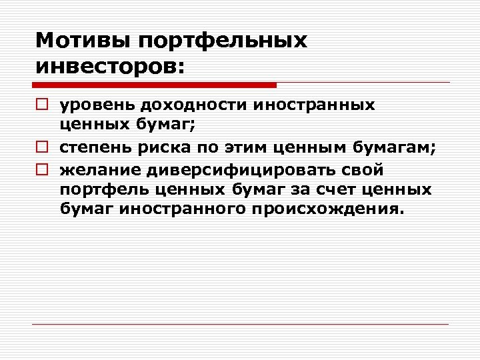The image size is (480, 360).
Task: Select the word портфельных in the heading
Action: pyautogui.click(x=223, y=41)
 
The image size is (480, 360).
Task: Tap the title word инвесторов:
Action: pyautogui.click(x=109, y=67)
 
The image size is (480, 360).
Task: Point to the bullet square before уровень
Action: pyautogui.click(x=41, y=105)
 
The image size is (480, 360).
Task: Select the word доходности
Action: pyautogui.click(x=184, y=105)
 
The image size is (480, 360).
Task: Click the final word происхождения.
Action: pyautogui.click(x=328, y=209)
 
